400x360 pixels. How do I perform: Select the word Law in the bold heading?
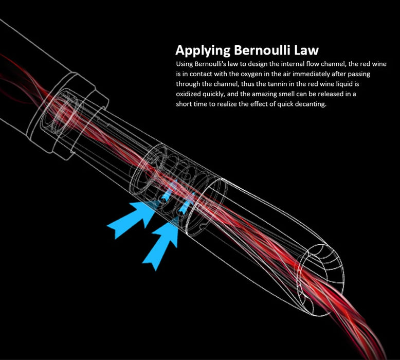click(307, 50)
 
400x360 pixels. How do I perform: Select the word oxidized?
click(189, 94)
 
